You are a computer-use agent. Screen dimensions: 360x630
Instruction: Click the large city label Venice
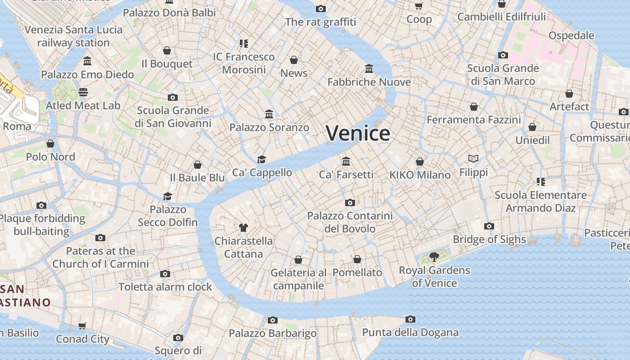tap(358, 133)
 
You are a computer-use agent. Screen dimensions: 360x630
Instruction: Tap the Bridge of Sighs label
tap(489, 239)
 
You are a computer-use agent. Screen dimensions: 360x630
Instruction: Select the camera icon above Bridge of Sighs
tap(489, 226)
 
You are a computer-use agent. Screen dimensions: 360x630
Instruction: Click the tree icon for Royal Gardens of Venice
tap(434, 257)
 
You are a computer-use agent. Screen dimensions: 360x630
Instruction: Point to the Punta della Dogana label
tap(410, 333)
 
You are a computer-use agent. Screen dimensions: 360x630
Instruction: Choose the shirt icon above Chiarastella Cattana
tap(243, 227)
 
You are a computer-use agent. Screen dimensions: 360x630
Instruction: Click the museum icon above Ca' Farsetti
tap(346, 161)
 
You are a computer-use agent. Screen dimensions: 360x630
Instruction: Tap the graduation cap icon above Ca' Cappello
tap(261, 159)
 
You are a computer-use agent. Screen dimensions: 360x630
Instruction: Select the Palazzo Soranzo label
tap(269, 127)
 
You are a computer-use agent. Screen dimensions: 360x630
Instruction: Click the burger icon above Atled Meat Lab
tap(83, 92)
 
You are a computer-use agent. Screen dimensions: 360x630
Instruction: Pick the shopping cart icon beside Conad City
tap(82, 326)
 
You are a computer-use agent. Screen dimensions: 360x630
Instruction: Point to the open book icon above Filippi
tap(473, 158)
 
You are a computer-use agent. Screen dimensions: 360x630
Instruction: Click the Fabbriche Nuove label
tap(369, 82)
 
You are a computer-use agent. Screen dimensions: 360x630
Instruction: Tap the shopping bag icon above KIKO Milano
tap(420, 162)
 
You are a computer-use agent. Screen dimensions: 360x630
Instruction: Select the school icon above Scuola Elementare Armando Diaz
tap(540, 182)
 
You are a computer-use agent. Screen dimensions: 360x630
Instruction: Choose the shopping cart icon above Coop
tap(419, 6)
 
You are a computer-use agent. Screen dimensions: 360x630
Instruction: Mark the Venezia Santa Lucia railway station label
tap(73, 36)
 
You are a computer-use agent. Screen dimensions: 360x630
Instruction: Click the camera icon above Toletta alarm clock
tap(165, 274)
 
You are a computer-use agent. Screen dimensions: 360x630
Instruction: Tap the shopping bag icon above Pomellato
tap(357, 259)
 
